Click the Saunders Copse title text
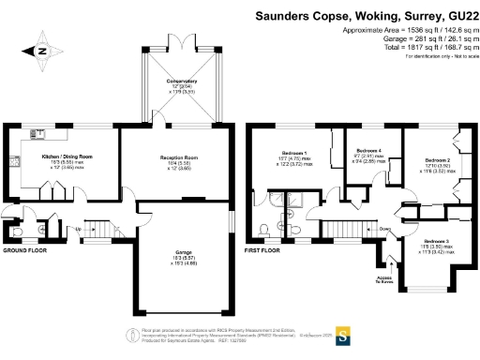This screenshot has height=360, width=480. [367, 16]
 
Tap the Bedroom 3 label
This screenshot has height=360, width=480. [434, 243]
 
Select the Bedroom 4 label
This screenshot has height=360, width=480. [368, 151]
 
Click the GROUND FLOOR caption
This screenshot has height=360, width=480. [24, 251]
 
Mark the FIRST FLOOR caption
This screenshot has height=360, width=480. [262, 251]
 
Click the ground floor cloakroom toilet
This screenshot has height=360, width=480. [14, 230]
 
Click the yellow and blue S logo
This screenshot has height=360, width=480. [344, 334]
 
